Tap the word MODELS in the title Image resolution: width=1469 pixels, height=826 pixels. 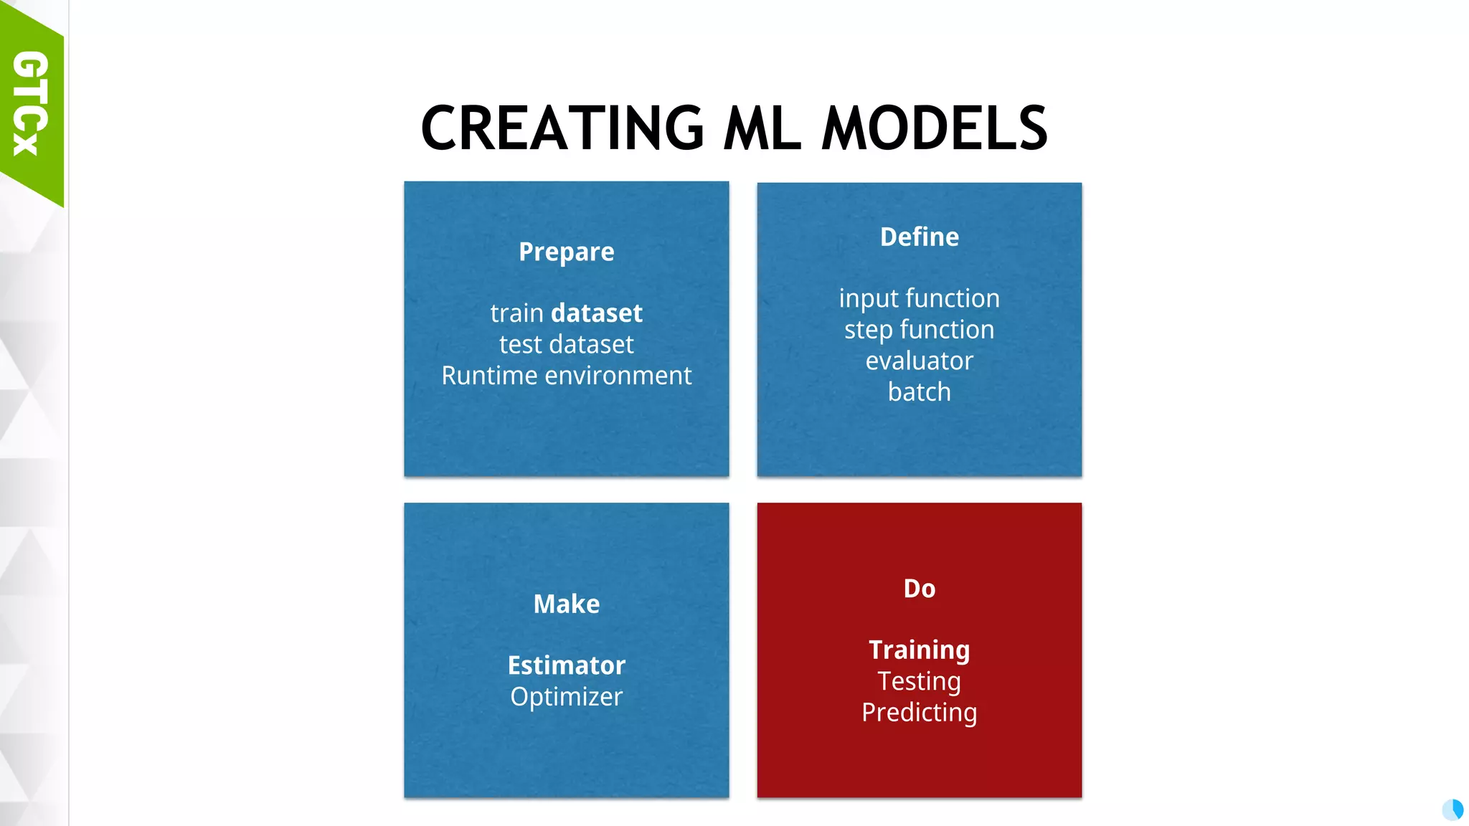pyautogui.click(x=934, y=128)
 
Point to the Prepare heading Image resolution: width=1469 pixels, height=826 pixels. pyautogui.click(x=566, y=252)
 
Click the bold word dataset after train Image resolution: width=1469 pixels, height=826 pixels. pyautogui.click(x=596, y=313)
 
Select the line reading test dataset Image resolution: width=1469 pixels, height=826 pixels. pyautogui.click(x=566, y=345)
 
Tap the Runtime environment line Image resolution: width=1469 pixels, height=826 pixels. pyautogui.click(x=566, y=376)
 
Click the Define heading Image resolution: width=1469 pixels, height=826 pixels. pyautogui.click(x=919, y=237)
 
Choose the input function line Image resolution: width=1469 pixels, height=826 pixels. pyautogui.click(x=919, y=298)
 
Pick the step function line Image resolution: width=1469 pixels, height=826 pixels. pyautogui.click(x=919, y=330)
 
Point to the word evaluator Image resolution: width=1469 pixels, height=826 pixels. pyautogui.click(x=919, y=361)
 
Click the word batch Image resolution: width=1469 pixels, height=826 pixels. pyautogui.click(x=919, y=392)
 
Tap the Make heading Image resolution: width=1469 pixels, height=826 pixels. pyautogui.click(x=566, y=604)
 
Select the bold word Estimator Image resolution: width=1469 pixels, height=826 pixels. pyautogui.click(x=566, y=665)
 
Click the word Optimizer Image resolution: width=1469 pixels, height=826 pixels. pyautogui.click(x=566, y=697)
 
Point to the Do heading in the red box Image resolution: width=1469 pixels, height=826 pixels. pyautogui.click(x=919, y=589)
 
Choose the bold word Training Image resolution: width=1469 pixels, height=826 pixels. pyautogui.click(x=919, y=650)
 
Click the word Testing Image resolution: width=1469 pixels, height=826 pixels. pyautogui.click(x=919, y=681)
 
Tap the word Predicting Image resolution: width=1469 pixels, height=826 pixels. pyautogui.click(x=919, y=713)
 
